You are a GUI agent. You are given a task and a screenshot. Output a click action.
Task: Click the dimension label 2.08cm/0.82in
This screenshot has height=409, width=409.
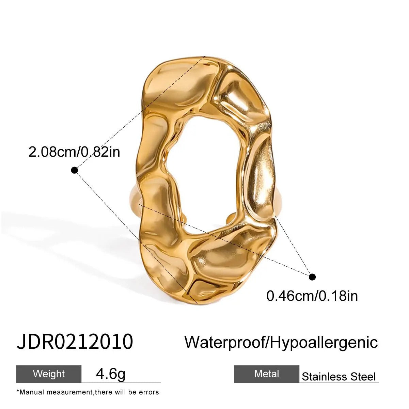74,152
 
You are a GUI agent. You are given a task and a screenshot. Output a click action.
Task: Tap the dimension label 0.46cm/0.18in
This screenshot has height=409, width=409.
312,296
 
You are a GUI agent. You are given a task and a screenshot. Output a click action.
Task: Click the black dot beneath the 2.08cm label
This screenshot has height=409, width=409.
75,170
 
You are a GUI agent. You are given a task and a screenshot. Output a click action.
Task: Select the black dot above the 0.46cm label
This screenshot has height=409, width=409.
312,277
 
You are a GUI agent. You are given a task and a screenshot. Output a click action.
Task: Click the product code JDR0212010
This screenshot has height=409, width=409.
75,342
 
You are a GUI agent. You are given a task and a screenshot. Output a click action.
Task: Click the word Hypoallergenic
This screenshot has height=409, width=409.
324,342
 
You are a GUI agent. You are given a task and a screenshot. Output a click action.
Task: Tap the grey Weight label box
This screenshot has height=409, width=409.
49,374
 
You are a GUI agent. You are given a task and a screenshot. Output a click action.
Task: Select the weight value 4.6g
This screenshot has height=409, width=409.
111,374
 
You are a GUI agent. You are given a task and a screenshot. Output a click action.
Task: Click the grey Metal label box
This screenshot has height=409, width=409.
267,374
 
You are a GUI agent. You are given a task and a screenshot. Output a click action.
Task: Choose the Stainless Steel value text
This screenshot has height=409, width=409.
339,377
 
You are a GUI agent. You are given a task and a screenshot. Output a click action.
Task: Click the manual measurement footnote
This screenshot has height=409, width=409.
88,392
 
